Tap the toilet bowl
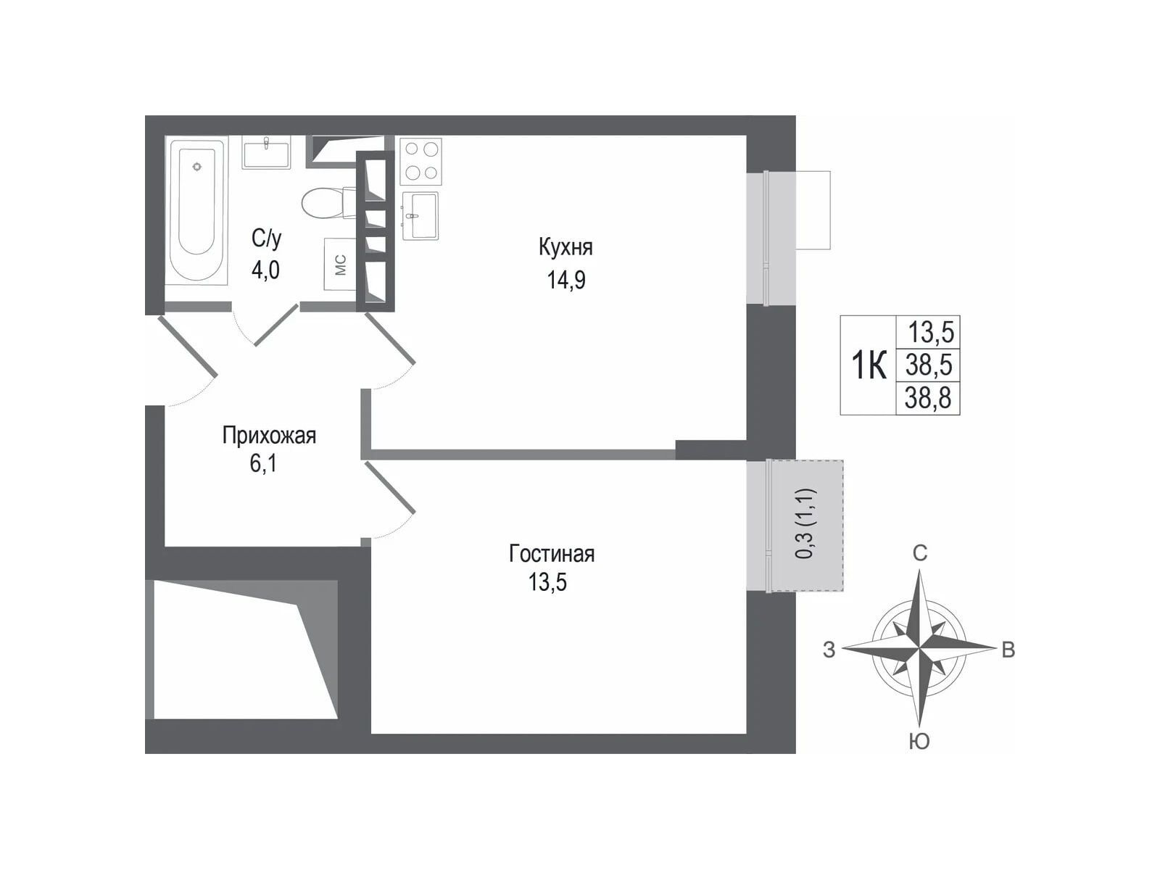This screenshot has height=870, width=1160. tap(329, 202)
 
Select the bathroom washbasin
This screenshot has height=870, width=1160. tap(266, 153)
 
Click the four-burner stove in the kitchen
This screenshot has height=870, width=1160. tap(420, 161)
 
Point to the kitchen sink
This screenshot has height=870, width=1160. tap(420, 215)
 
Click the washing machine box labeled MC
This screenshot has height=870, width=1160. tap(340, 264)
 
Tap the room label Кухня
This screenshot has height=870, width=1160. tap(565, 247)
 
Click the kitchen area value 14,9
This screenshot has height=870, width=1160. tap(566, 280)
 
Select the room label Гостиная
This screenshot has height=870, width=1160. tap(552, 554)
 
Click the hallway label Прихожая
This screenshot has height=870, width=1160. tap(269, 436)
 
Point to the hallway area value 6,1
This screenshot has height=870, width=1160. tap(264, 465)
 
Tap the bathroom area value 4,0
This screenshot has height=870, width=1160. tap(265, 270)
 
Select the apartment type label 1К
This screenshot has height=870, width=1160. tap(869, 365)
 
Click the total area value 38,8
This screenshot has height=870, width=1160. tap(928, 398)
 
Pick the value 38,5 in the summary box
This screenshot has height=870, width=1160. tap(929, 365)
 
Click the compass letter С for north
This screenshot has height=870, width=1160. tap(920, 554)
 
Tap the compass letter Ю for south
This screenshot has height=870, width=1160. tap(919, 742)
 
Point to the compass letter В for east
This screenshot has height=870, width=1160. tap(1008, 650)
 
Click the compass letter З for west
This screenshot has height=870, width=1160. tap(829, 650)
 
